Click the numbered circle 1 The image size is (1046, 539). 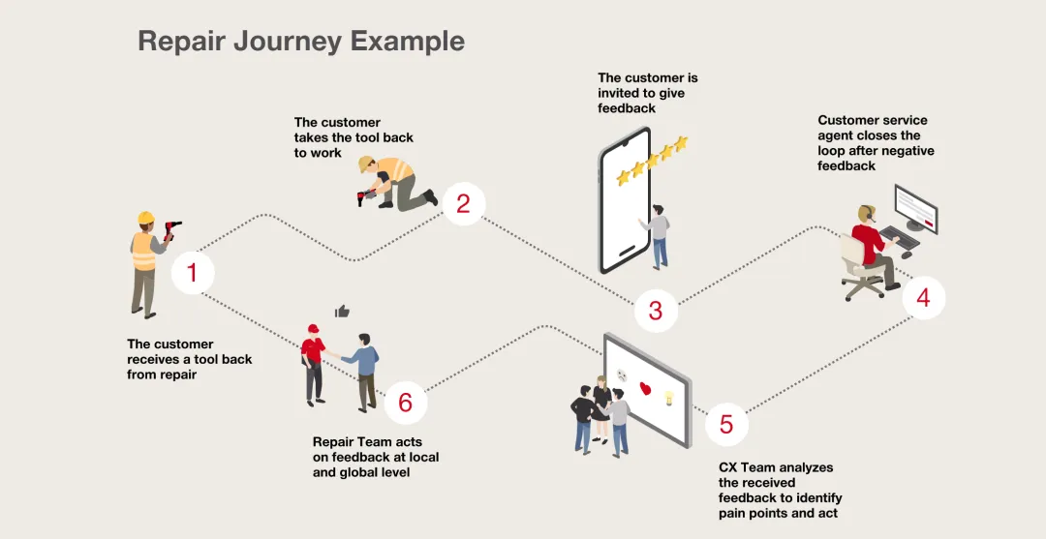click(x=192, y=273)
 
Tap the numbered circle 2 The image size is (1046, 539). click(x=463, y=204)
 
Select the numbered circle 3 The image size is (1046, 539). click(x=656, y=311)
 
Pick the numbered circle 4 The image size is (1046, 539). click(x=923, y=297)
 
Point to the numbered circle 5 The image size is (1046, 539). click(x=726, y=425)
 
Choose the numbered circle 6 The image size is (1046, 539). click(x=405, y=402)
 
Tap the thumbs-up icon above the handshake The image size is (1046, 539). click(x=341, y=312)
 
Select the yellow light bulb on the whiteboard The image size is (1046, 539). click(x=667, y=398)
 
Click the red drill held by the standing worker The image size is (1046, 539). click(x=171, y=229)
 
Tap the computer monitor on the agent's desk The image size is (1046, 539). click(x=914, y=208)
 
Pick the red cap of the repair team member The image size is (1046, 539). click(x=313, y=329)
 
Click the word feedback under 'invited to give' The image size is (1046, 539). click(x=627, y=108)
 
